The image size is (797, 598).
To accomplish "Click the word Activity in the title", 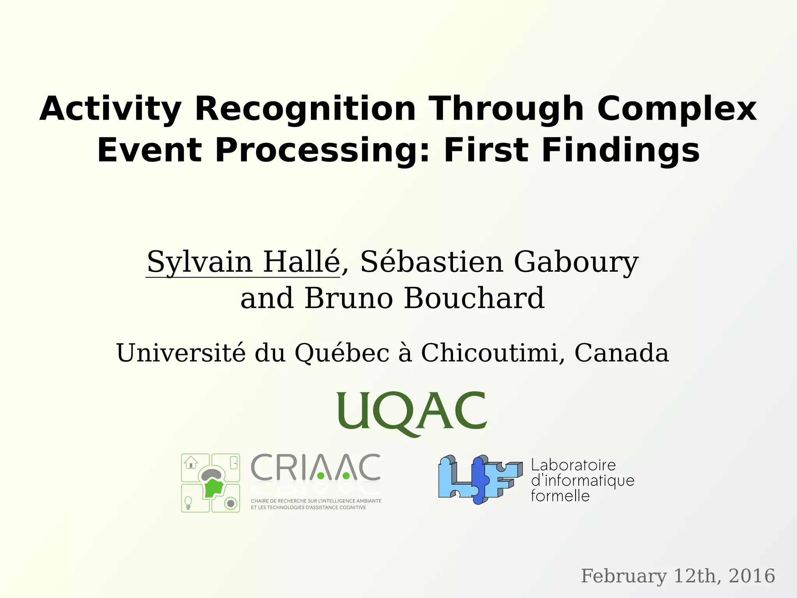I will (x=110, y=109).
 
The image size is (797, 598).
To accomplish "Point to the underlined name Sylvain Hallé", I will (x=243, y=262).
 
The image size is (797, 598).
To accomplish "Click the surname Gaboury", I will (x=576, y=262).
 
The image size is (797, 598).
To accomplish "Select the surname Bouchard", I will (x=474, y=298).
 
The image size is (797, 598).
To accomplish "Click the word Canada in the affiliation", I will (x=621, y=353).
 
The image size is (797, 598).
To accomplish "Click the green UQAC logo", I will (x=412, y=413).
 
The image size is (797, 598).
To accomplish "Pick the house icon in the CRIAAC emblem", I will (x=191, y=463).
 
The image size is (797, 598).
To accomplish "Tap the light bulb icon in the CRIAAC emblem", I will (x=188, y=503).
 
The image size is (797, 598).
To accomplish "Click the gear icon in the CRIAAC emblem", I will (x=231, y=503).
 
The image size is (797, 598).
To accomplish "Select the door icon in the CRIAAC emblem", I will (x=234, y=463).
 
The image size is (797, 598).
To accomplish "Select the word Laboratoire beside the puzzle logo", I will (x=573, y=465).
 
